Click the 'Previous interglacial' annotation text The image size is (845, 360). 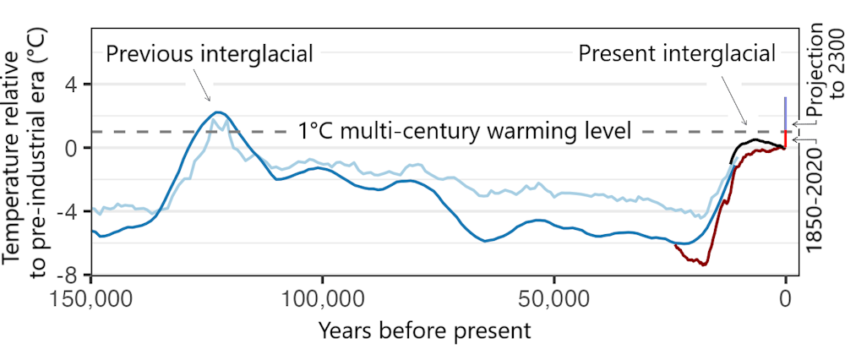click(x=209, y=54)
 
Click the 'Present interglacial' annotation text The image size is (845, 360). click(x=676, y=54)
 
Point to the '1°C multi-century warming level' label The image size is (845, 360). click(x=464, y=131)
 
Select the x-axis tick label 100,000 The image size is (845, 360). click(x=322, y=300)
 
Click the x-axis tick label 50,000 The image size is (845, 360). click(x=553, y=300)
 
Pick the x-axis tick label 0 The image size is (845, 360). click(x=786, y=300)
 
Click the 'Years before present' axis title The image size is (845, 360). click(x=424, y=330)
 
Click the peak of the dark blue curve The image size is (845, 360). click(x=218, y=112)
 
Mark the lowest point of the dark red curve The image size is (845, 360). click(x=702, y=265)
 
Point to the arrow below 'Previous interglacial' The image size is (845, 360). click(x=200, y=86)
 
